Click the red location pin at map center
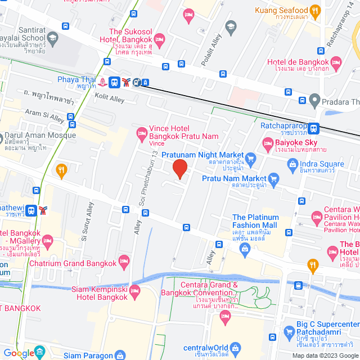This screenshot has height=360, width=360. tap(179, 169)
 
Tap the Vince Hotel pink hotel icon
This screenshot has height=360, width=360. tap(141, 134)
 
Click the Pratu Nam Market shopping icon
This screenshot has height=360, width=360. tap(274, 179)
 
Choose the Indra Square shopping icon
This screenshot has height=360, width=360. tap(292, 164)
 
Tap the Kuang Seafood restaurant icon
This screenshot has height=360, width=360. tap(316, 10)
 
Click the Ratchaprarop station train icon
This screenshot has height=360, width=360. tap(314, 128)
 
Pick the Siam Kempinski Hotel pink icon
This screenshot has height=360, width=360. tap(134, 291)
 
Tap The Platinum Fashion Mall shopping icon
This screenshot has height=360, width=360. tap(245, 248)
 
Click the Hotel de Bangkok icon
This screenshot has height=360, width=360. tap(336, 62)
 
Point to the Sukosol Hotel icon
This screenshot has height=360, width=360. tap(159, 38)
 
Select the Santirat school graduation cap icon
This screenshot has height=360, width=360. tap(52, 38)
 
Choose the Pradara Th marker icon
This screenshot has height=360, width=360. tap(315, 101)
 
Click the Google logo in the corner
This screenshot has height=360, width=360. tap(18, 353)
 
